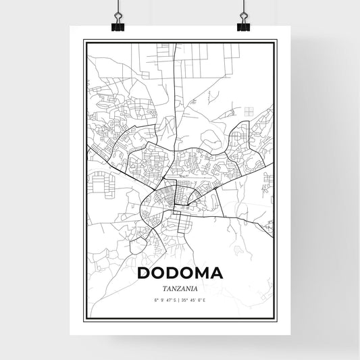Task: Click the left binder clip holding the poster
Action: coord(120,22)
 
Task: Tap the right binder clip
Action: coord(242,22)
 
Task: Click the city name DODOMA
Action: coord(179,274)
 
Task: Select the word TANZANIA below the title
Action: coord(179,287)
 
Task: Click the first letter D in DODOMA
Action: coord(143,274)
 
